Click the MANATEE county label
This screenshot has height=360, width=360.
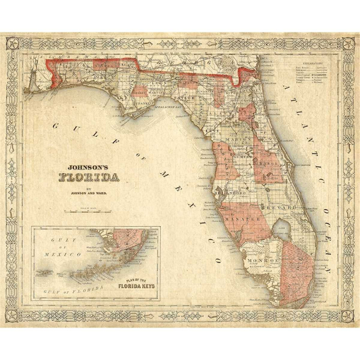[x=239, y=219]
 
